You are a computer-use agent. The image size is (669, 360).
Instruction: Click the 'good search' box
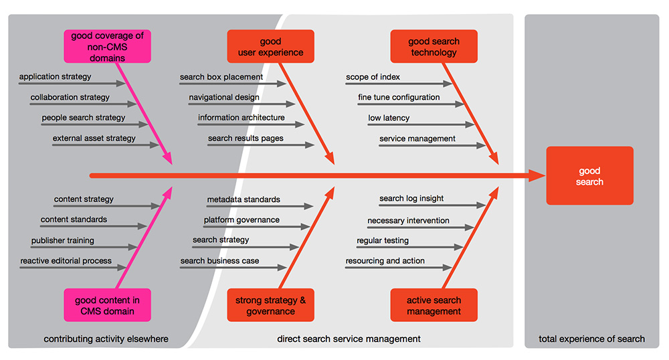pyautogui.click(x=589, y=177)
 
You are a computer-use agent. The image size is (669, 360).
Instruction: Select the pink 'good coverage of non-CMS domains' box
pyautogui.click(x=107, y=46)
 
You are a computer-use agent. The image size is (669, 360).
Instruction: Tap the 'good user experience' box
pyautogui.click(x=270, y=47)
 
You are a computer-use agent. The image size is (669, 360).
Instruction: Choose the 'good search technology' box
pyautogui.click(x=434, y=47)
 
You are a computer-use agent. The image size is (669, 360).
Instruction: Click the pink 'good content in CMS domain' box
pyautogui.click(x=107, y=305)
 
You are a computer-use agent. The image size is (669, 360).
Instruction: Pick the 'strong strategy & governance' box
pyautogui.click(x=270, y=305)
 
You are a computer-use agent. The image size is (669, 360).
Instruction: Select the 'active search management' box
pyautogui.click(x=434, y=305)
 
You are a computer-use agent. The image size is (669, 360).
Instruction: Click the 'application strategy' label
pyautogui.click(x=55, y=77)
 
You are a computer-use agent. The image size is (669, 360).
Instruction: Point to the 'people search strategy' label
pyautogui.click(x=84, y=118)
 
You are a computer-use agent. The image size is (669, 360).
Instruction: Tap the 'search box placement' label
pyautogui.click(x=221, y=77)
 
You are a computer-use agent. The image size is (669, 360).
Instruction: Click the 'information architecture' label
pyautogui.click(x=241, y=118)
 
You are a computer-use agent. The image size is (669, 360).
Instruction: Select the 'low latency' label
pyautogui.click(x=389, y=118)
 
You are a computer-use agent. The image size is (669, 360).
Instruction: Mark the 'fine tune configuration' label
pyautogui.click(x=399, y=98)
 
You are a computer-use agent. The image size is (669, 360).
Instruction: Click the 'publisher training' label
pyautogui.click(x=63, y=240)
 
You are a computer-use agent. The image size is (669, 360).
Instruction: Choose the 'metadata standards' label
pyautogui.click(x=244, y=199)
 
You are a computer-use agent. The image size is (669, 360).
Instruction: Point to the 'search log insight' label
pyautogui.click(x=411, y=199)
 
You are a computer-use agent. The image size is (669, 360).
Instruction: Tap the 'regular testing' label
pyautogui.click(x=383, y=240)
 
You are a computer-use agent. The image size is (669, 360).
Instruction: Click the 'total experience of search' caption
pyautogui.click(x=591, y=339)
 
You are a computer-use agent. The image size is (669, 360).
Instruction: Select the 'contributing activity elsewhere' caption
pyautogui.click(x=106, y=339)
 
